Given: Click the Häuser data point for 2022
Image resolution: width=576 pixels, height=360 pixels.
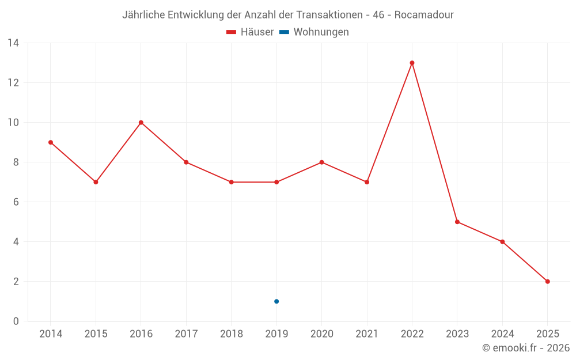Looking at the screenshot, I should (412, 63).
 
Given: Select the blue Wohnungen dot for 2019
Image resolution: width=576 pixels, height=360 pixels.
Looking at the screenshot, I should (276, 301).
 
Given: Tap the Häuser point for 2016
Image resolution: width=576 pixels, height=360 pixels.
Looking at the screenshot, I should (141, 123).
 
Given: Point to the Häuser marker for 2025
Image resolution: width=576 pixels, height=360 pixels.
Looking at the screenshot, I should (547, 282).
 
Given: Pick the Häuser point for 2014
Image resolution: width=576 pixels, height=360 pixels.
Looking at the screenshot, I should (51, 142).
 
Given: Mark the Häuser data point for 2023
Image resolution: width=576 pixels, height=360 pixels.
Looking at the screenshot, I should (457, 222).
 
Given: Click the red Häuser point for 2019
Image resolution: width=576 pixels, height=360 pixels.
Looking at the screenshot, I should (276, 182).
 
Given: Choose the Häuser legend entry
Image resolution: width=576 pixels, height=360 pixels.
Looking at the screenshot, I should (250, 32).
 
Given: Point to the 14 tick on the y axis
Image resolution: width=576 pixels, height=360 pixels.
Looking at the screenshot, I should (13, 43).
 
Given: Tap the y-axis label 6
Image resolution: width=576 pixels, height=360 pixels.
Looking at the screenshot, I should (16, 202).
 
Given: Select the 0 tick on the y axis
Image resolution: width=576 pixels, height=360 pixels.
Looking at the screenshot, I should (16, 321).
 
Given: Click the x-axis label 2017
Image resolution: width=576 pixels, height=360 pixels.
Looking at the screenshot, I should (186, 334).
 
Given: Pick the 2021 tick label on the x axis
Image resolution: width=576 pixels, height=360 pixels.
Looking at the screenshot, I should (367, 334).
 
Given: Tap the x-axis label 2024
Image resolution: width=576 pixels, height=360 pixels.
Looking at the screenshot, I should (502, 334).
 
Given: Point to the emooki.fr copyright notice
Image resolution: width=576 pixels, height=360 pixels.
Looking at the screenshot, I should (526, 348).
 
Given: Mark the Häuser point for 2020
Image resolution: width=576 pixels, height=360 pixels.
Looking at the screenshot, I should (321, 162).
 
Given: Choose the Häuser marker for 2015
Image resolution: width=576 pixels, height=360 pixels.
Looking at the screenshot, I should (96, 182).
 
